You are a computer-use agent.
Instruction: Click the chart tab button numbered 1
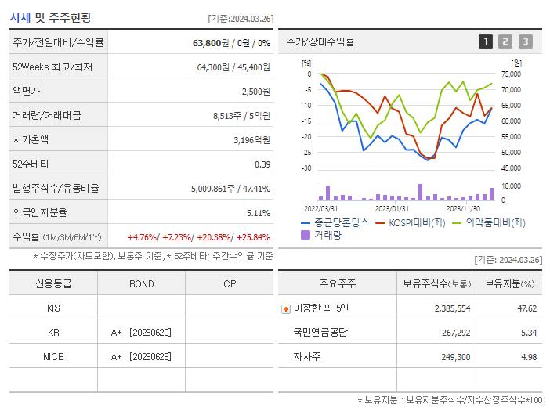pyautogui.click(x=486, y=41)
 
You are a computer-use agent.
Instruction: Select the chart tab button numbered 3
pyautogui.click(x=525, y=41)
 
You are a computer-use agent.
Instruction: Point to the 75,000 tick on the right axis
pyautogui.click(x=511, y=74)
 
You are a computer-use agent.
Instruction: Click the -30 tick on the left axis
pyautogui.click(x=306, y=168)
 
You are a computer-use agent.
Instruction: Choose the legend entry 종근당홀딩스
pyautogui.click(x=335, y=222)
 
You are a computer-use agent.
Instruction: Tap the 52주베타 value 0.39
pyautogui.click(x=262, y=164)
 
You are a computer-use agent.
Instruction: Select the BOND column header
pyautogui.click(x=141, y=283)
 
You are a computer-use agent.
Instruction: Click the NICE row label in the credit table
pyautogui.click(x=53, y=356)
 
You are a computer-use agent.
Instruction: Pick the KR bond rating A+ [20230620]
pyautogui.click(x=141, y=332)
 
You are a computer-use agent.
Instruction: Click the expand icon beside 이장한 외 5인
pyautogui.click(x=285, y=308)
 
